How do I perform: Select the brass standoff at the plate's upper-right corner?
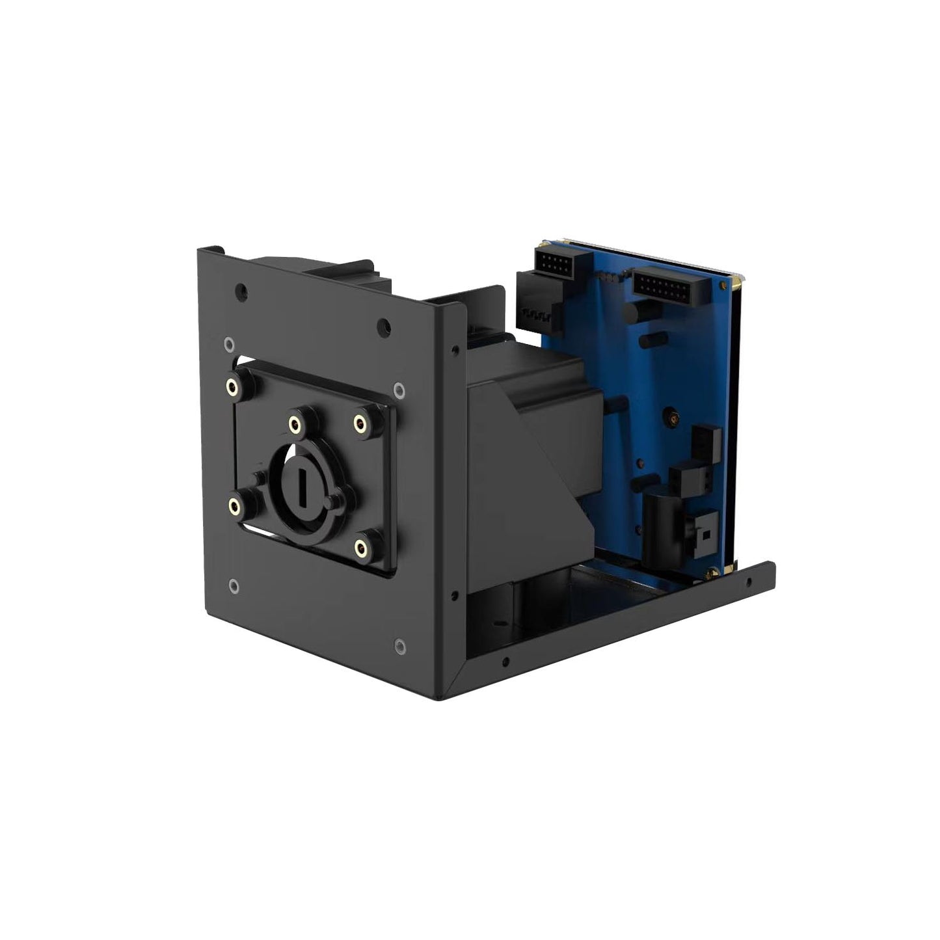[x=359, y=423]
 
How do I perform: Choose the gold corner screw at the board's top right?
[x=737, y=282]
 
